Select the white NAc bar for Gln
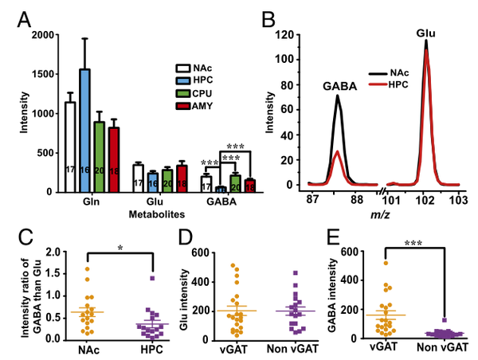(69, 147)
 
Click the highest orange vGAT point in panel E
(386, 263)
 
